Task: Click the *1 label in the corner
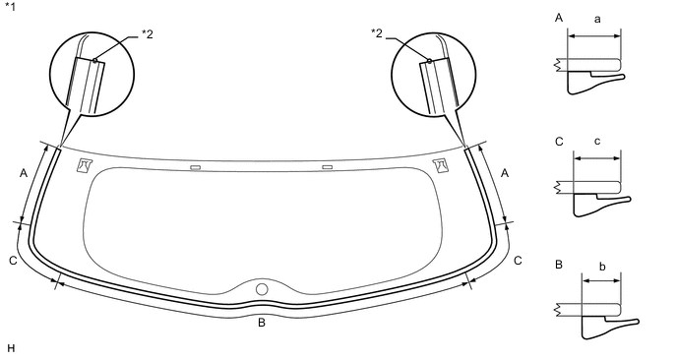tap(10, 7)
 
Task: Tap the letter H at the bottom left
tap(11, 349)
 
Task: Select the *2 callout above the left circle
tap(148, 34)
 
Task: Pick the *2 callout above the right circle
tap(377, 33)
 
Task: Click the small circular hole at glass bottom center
tap(262, 289)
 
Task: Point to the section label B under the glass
tap(262, 323)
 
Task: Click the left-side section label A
tap(24, 173)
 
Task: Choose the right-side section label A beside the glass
tap(505, 173)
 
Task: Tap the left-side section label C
tap(13, 262)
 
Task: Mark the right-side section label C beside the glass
tap(518, 261)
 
